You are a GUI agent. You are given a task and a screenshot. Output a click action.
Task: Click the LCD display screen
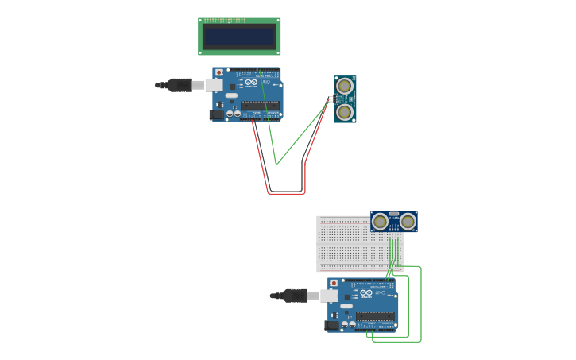click(239, 36)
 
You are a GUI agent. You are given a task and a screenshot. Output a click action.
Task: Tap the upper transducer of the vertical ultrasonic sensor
click(344, 86)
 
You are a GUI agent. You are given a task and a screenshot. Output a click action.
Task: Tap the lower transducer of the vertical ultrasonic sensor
click(344, 112)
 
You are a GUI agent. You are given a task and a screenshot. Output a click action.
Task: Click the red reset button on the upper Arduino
click(219, 72)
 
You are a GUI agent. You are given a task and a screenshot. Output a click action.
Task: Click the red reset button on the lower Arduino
click(334, 283)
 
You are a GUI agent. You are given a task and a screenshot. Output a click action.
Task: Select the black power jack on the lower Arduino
click(331, 325)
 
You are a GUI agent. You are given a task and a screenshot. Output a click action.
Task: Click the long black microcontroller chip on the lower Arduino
click(375, 315)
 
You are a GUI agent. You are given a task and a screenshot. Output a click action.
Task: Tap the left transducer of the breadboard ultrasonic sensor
click(381, 221)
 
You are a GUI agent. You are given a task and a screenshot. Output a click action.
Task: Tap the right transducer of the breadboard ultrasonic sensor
click(408, 221)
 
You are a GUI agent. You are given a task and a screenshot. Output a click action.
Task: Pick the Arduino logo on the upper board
click(251, 83)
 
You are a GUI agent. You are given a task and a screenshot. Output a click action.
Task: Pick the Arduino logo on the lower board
click(366, 293)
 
